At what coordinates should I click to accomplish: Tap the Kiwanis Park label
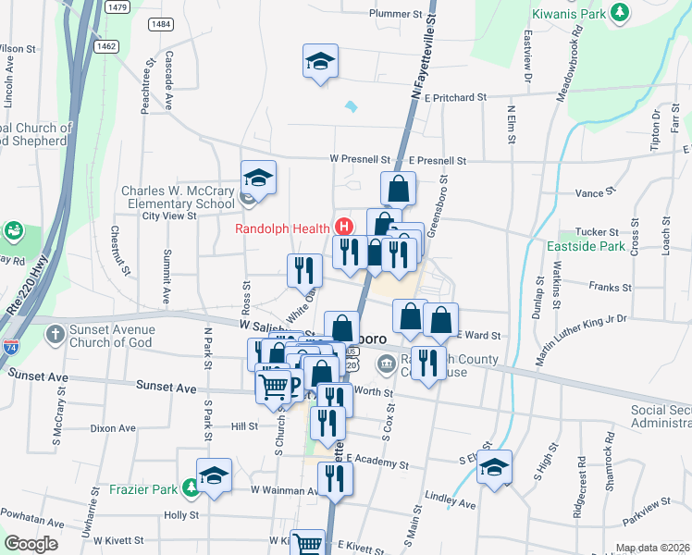569,14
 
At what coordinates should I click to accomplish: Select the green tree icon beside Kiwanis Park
621,13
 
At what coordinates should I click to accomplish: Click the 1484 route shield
159,23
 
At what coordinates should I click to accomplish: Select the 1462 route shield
106,44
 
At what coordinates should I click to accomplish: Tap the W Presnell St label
368,159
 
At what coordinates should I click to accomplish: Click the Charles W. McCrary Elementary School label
179,198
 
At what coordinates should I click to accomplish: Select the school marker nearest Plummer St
320,61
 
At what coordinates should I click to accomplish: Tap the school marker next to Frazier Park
215,475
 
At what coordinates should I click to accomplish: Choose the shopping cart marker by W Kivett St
307,543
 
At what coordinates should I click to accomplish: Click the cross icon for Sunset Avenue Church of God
56,333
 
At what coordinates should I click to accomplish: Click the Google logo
31,544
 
